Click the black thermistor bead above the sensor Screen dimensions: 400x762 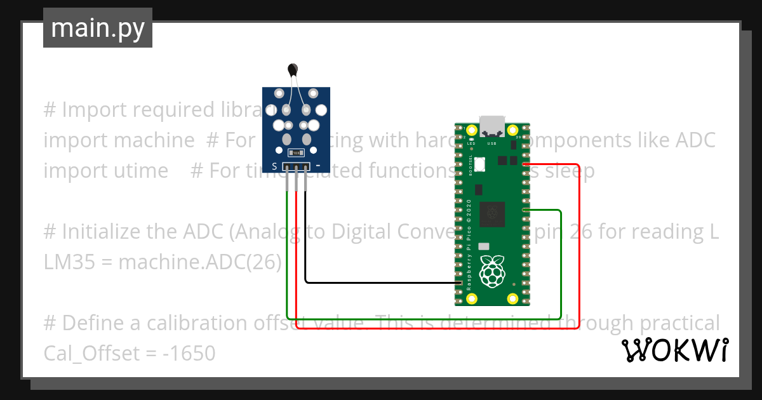click(x=293, y=69)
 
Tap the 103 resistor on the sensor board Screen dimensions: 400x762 click(x=296, y=153)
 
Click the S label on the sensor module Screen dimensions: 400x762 click(x=274, y=167)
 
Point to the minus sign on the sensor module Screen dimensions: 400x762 click(x=317, y=166)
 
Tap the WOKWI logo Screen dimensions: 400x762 click(x=674, y=350)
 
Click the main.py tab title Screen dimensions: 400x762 click(x=98, y=29)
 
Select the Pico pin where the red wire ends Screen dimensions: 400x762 click(x=525, y=164)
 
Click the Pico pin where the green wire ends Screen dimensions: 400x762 click(x=525, y=210)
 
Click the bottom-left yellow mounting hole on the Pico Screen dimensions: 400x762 click(x=471, y=298)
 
